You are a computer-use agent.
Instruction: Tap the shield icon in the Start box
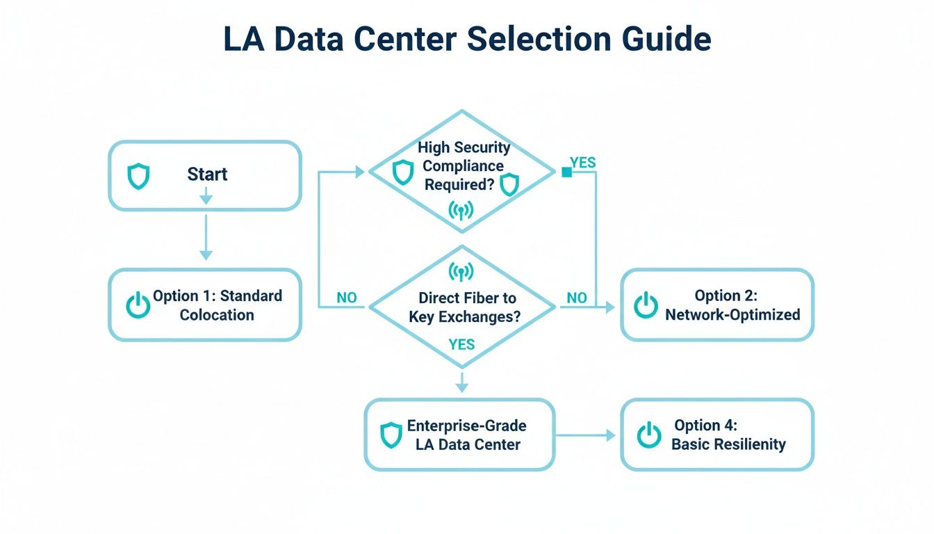tap(138, 177)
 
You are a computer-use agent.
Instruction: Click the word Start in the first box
tap(207, 174)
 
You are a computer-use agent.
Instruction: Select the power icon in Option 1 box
tap(138, 305)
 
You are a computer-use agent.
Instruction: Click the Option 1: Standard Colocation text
tap(217, 305)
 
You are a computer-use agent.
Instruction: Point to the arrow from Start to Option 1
tap(206, 236)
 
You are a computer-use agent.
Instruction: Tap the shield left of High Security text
tap(403, 172)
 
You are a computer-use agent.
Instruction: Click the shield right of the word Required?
tap(509, 184)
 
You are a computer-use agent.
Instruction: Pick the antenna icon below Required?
tap(461, 209)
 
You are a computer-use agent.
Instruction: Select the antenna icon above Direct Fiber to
tap(461, 271)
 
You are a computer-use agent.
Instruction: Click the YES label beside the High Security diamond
tap(582, 162)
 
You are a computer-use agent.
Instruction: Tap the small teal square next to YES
tap(566, 172)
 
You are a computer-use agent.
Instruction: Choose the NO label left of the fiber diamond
tap(346, 298)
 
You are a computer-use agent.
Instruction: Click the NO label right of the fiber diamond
tap(576, 298)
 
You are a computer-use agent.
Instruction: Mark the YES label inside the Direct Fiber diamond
tap(461, 344)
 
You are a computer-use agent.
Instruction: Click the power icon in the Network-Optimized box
tap(646, 305)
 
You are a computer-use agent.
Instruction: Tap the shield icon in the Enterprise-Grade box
tap(391, 435)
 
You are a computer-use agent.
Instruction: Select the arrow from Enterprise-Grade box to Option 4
tap(585, 435)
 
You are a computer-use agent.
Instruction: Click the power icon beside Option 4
tap(649, 435)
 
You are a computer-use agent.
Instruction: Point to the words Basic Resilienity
tap(728, 444)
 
